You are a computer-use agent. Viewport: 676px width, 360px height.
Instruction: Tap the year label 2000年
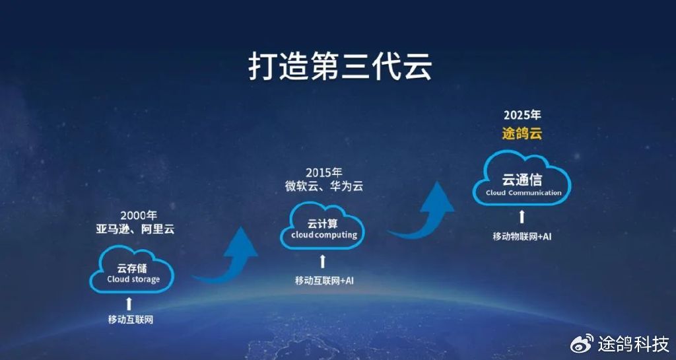click(139, 215)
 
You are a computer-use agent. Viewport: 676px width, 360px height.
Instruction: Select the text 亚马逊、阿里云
click(134, 229)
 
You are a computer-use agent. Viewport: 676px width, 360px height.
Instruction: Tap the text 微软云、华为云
click(320, 186)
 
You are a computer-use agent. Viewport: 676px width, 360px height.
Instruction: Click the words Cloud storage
click(133, 279)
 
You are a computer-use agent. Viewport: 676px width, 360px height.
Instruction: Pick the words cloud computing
click(323, 235)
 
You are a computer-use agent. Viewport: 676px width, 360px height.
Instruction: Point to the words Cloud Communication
click(524, 193)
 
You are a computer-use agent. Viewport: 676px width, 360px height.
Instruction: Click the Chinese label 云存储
click(131, 268)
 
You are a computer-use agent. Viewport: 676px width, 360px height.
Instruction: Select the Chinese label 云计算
click(321, 223)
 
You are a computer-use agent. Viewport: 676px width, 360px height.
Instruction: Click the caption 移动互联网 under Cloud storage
click(131, 320)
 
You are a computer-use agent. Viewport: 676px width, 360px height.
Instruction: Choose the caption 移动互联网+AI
click(323, 281)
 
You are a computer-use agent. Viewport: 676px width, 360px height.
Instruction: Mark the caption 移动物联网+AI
click(522, 236)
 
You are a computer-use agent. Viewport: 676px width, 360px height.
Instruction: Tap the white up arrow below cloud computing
click(323, 260)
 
